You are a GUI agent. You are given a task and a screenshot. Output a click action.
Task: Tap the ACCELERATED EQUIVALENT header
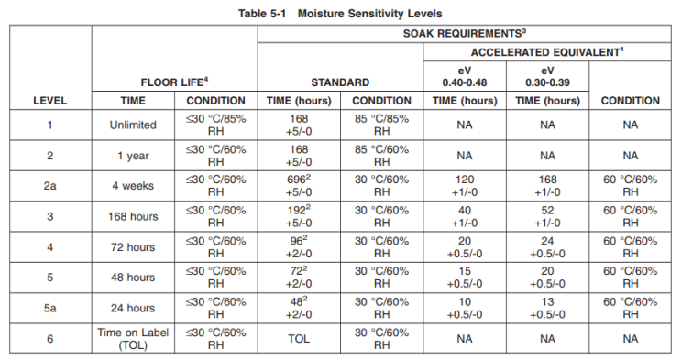tap(547, 51)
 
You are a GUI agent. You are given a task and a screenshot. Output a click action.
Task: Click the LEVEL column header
tap(49, 101)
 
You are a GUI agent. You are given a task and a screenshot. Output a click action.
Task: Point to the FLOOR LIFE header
tap(174, 82)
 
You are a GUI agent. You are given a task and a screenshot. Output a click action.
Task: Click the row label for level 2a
tap(49, 186)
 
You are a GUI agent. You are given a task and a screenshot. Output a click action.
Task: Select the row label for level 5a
tap(49, 308)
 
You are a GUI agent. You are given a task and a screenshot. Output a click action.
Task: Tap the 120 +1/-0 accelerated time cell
tap(465, 186)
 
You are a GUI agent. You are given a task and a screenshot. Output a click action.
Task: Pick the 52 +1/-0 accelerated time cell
tap(547, 216)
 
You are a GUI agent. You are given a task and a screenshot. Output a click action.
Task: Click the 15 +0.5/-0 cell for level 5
tap(465, 278)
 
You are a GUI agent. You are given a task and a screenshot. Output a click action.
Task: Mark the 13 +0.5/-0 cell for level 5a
tap(547, 308)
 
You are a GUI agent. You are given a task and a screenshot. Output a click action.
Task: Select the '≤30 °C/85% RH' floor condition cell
tap(215, 125)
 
